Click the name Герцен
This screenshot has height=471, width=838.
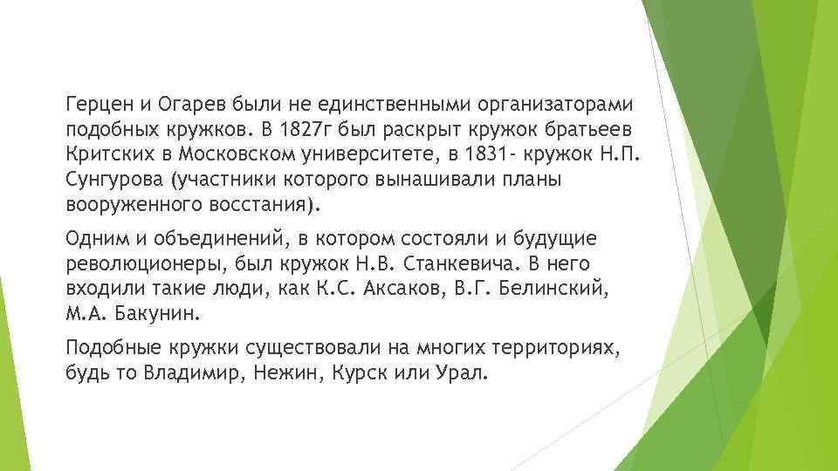tap(98, 105)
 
